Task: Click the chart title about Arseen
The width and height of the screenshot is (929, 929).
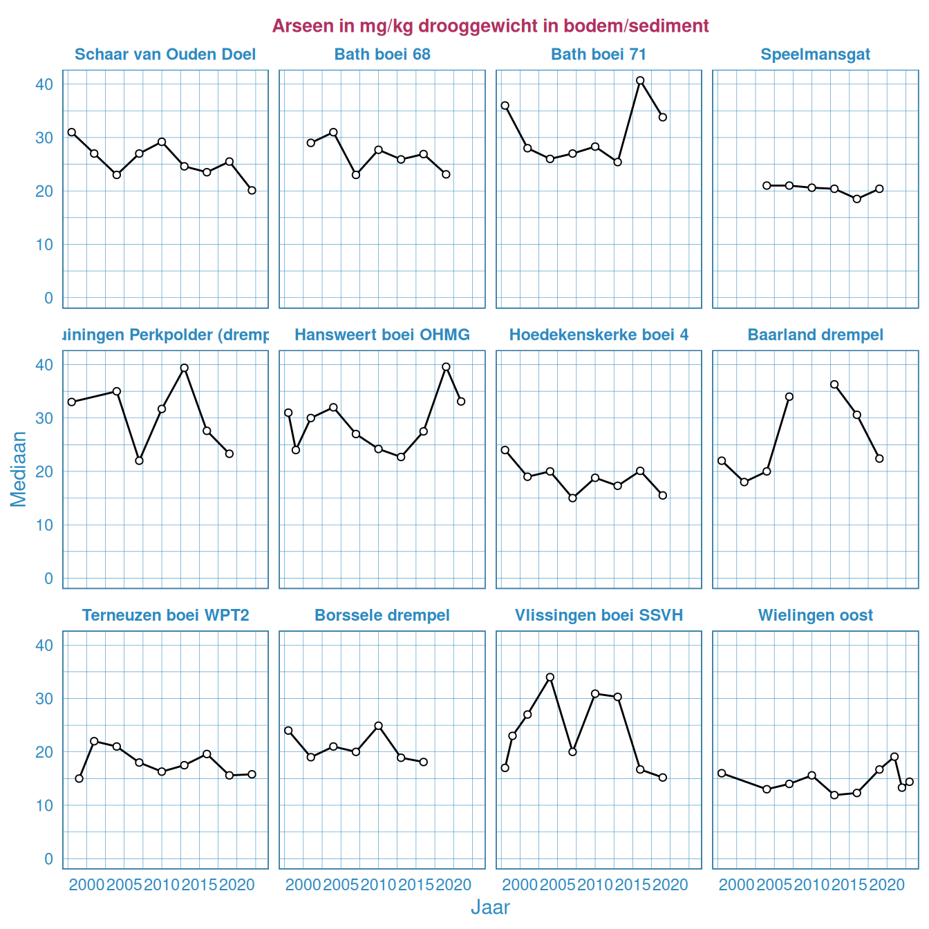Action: click(x=490, y=26)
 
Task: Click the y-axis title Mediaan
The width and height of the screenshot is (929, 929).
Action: click(x=19, y=469)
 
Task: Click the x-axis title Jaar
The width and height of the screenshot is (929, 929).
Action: click(x=490, y=908)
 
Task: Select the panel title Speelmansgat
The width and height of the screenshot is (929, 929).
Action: click(x=815, y=55)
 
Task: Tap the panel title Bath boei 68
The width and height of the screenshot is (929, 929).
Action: click(x=382, y=55)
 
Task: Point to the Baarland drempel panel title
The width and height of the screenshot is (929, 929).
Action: click(x=815, y=335)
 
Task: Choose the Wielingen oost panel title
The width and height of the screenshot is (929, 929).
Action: click(x=815, y=615)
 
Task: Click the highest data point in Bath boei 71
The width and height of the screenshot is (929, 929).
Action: click(x=640, y=80)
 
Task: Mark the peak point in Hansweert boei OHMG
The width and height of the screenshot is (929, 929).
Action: click(x=446, y=367)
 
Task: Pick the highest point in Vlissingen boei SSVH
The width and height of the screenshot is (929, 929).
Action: click(x=550, y=677)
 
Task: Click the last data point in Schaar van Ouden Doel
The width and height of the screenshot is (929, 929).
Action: click(x=252, y=190)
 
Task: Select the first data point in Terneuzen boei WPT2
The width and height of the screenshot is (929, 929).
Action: click(x=79, y=778)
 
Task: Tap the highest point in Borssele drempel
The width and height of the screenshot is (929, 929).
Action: click(x=379, y=726)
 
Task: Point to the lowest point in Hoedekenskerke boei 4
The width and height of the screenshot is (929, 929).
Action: click(x=572, y=498)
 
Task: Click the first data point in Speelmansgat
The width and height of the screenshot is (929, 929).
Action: click(x=767, y=185)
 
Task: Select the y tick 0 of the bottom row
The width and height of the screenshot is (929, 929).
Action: click(x=48, y=859)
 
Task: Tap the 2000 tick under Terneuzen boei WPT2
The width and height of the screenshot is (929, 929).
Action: click(x=87, y=885)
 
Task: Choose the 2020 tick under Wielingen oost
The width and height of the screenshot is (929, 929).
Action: click(x=887, y=885)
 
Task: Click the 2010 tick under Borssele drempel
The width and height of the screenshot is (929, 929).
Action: click(x=379, y=885)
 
